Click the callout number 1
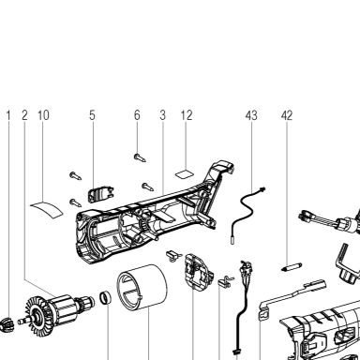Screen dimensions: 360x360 pos(8,115)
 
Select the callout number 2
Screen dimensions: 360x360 pos(24,115)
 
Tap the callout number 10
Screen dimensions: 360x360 pos(43,115)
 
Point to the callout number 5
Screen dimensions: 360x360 pos(92,115)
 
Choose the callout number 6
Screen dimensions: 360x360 pos(137,115)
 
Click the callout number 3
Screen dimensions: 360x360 pos(162,115)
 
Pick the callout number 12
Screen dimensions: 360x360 pos(187,115)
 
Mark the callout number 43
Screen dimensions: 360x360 pos(251,115)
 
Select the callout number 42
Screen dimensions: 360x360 pos(287,115)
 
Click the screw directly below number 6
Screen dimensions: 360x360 pos(140,157)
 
